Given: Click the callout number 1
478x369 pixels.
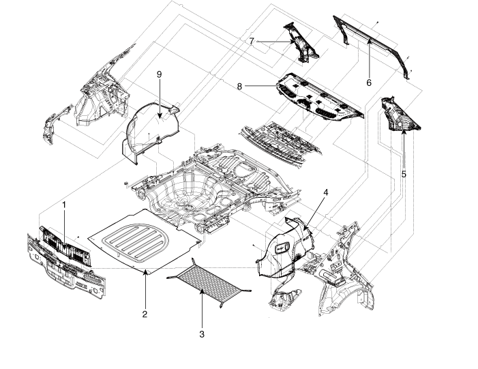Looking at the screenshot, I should point(65,204).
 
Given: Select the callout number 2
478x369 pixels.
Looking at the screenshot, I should point(145,314).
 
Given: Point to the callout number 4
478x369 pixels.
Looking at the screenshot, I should point(326,192).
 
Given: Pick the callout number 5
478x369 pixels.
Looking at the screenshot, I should point(404,174).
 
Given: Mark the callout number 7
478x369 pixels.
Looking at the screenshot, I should point(252,42).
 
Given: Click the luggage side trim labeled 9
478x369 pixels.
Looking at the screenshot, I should point(150,130).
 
